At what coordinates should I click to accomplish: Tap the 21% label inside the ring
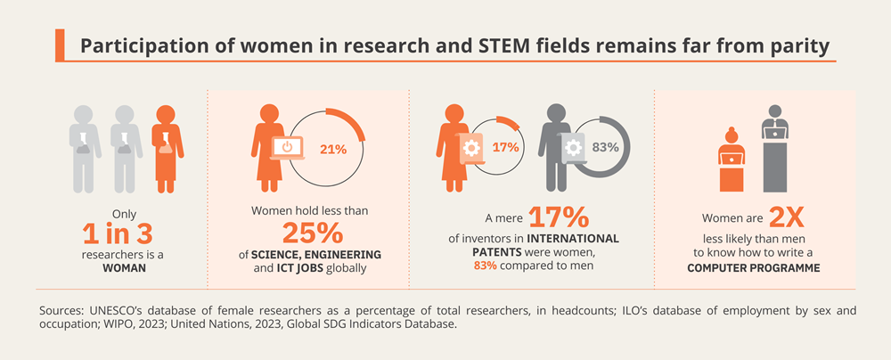[x=333, y=149]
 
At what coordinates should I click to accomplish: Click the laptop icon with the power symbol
[x=287, y=146]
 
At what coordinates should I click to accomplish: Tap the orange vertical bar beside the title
[x=59, y=44]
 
